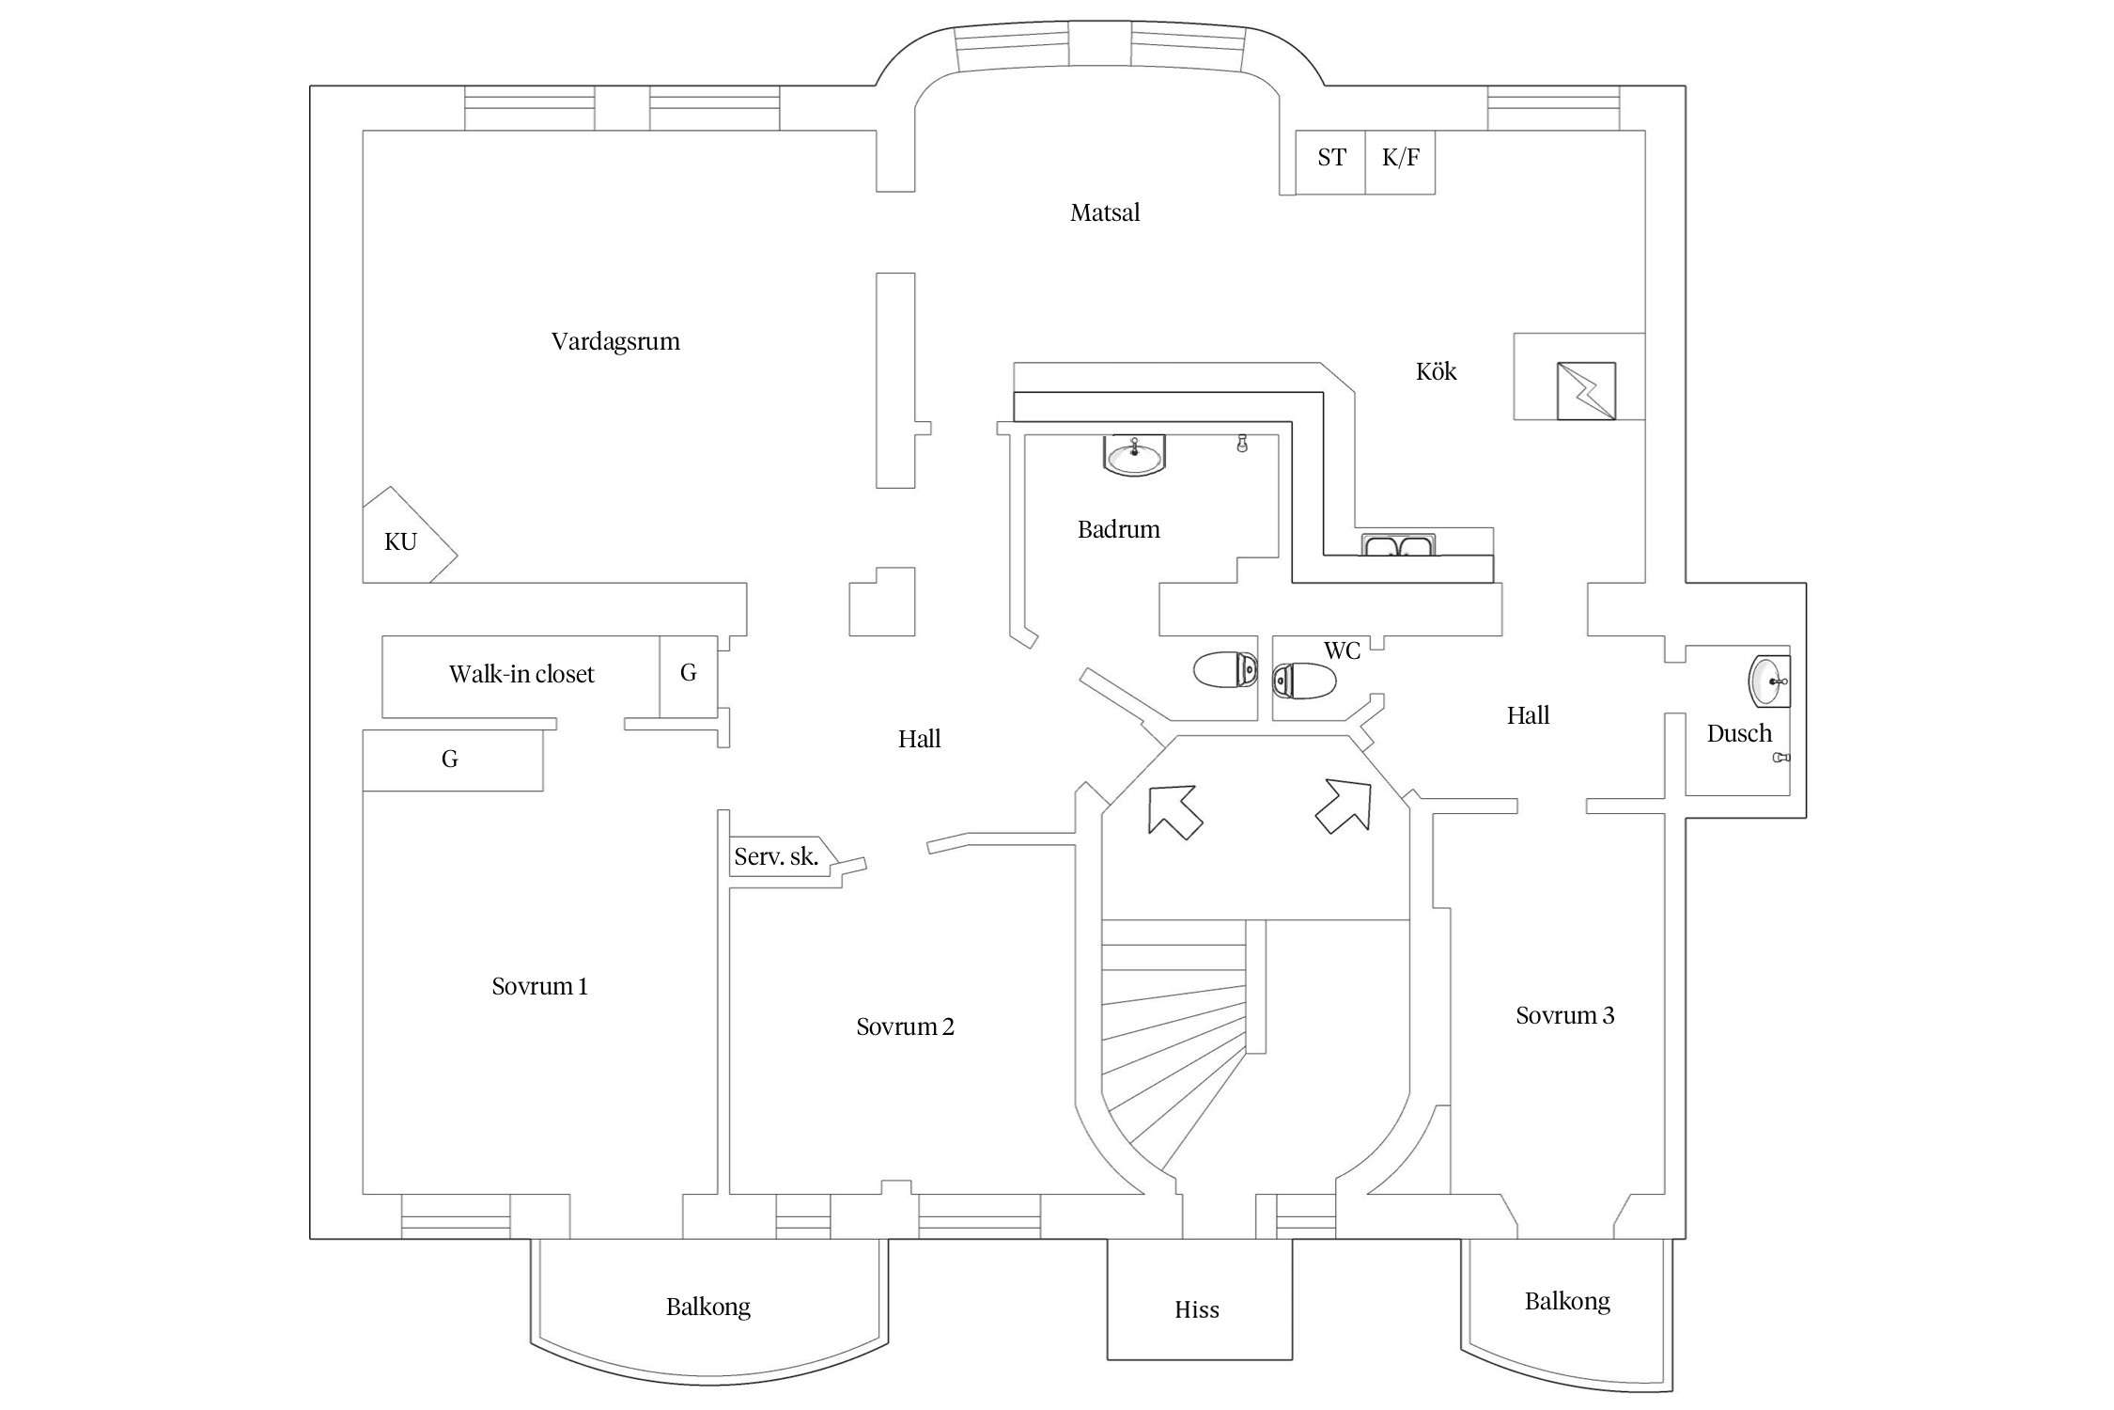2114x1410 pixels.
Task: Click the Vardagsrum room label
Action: (615, 341)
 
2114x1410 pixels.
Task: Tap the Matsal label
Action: (1105, 212)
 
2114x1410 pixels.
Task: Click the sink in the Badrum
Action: (1134, 456)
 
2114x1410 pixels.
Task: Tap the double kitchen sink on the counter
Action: (1399, 545)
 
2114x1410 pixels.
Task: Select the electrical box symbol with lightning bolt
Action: (1586, 391)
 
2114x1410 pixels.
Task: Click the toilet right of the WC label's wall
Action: (1304, 680)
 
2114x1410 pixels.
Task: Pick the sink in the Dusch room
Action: (1768, 681)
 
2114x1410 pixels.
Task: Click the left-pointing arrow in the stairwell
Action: (1174, 810)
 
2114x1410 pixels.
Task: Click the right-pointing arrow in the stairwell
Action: (1345, 806)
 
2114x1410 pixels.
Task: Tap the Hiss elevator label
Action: (1197, 1310)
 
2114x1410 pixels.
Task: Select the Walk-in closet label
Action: (521, 674)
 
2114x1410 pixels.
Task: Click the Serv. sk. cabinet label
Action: (776, 856)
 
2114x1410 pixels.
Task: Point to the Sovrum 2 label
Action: (905, 1026)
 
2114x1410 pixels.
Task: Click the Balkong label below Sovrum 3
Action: (1567, 1301)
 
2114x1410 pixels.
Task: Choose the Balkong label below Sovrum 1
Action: (708, 1307)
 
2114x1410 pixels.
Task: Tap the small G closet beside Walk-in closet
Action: (689, 673)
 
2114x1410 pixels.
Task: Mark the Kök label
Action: (1436, 371)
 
